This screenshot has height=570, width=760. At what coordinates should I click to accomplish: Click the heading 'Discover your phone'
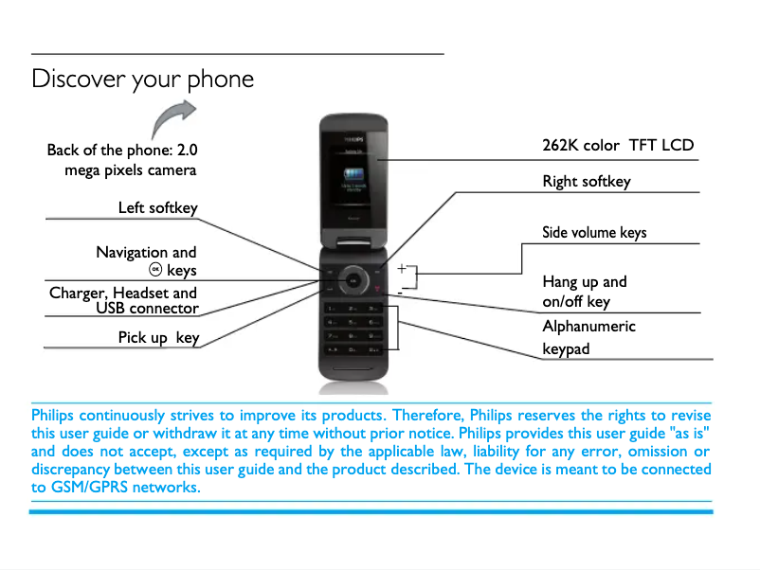pos(142,78)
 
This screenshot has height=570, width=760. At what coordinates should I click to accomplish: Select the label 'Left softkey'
pos(157,207)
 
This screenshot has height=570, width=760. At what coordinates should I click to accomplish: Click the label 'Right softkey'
pos(586,181)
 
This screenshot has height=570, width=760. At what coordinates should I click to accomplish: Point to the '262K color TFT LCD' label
pos(618,145)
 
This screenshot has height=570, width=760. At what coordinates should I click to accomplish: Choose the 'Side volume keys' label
pos(594,232)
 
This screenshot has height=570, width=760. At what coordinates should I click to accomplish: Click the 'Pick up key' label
pos(158,337)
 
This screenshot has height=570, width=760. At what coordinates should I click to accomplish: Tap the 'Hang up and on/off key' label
pos(584,292)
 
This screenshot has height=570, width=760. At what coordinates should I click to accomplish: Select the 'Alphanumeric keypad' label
pos(588,337)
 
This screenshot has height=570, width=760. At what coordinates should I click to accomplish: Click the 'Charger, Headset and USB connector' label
pos(123,300)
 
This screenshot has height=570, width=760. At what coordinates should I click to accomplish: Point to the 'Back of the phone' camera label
pos(122,160)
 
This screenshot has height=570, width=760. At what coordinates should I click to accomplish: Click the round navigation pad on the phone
pos(353,278)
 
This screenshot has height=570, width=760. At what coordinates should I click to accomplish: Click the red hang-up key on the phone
pos(378,289)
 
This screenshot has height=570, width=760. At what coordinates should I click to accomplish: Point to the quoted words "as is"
pos(688,433)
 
